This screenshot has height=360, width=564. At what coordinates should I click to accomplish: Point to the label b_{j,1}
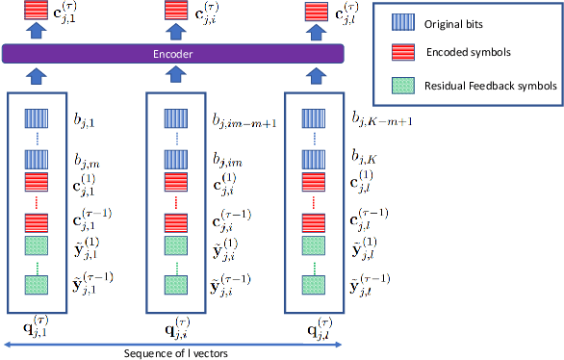tap(88, 121)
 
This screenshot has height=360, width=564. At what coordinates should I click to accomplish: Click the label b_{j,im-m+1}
tap(244, 121)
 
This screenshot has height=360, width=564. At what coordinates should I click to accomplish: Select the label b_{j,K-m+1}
tap(382, 121)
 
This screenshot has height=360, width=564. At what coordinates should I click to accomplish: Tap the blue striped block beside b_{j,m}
tap(37, 158)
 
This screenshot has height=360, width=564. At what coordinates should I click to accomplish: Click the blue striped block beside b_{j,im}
tap(175, 158)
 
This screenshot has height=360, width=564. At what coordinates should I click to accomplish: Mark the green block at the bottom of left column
tap(37, 284)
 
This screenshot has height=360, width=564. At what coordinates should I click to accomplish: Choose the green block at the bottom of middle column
tap(175, 284)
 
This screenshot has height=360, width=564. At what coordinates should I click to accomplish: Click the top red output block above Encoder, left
tap(37, 12)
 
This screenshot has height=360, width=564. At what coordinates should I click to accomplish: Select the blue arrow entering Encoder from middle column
tap(175, 75)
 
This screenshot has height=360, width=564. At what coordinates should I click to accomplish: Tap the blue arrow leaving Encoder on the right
tap(314, 33)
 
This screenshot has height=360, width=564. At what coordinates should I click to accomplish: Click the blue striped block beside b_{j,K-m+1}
tap(314, 118)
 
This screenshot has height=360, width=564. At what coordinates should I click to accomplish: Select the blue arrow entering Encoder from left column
tap(37, 75)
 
